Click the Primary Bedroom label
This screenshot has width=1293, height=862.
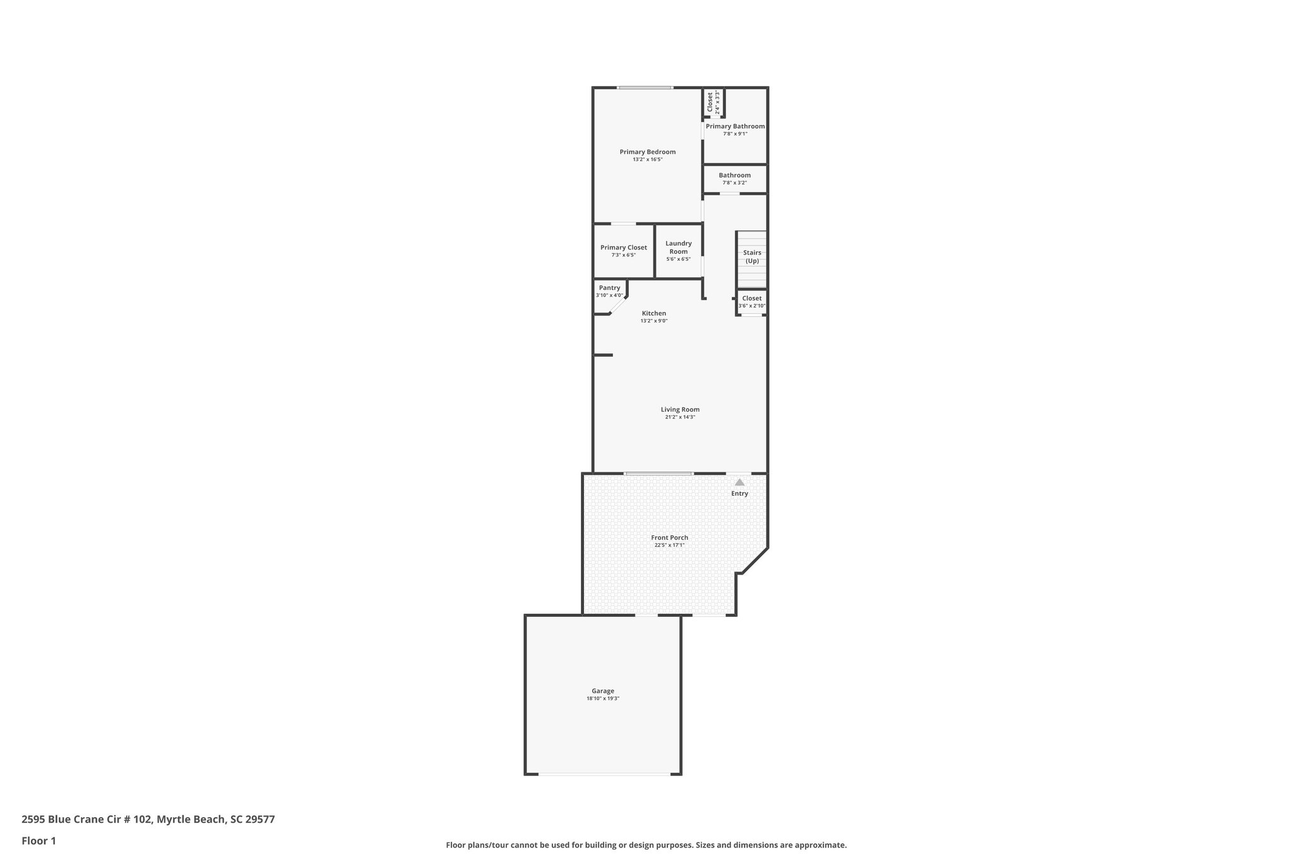pyautogui.click(x=647, y=152)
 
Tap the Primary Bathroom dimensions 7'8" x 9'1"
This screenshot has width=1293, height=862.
pyautogui.click(x=735, y=134)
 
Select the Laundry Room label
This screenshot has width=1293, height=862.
pyautogui.click(x=679, y=247)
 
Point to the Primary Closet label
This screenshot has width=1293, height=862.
pyautogui.click(x=623, y=248)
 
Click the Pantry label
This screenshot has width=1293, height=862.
pyautogui.click(x=609, y=288)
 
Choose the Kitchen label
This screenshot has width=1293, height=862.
pyautogui.click(x=653, y=313)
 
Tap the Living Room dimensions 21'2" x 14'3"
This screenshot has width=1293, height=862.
pyautogui.click(x=680, y=417)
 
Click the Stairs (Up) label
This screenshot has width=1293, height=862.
pyautogui.click(x=752, y=256)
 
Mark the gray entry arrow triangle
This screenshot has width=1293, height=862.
pyautogui.click(x=739, y=482)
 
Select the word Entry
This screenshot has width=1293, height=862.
pyautogui.click(x=739, y=494)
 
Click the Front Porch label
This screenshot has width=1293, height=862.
pyautogui.click(x=669, y=537)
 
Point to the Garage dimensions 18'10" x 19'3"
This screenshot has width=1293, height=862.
pyautogui.click(x=602, y=698)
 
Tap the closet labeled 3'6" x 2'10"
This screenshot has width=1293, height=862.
pyautogui.click(x=751, y=302)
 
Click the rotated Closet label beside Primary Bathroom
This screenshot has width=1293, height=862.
pyautogui.click(x=710, y=102)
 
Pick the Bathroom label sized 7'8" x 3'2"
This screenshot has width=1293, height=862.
pyautogui.click(x=734, y=176)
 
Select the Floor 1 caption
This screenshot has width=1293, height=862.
pyautogui.click(x=39, y=841)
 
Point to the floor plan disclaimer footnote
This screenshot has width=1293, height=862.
pyautogui.click(x=646, y=845)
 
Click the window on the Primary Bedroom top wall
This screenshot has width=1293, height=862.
pyautogui.click(x=645, y=88)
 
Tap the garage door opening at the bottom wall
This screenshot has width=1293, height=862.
pyautogui.click(x=604, y=774)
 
